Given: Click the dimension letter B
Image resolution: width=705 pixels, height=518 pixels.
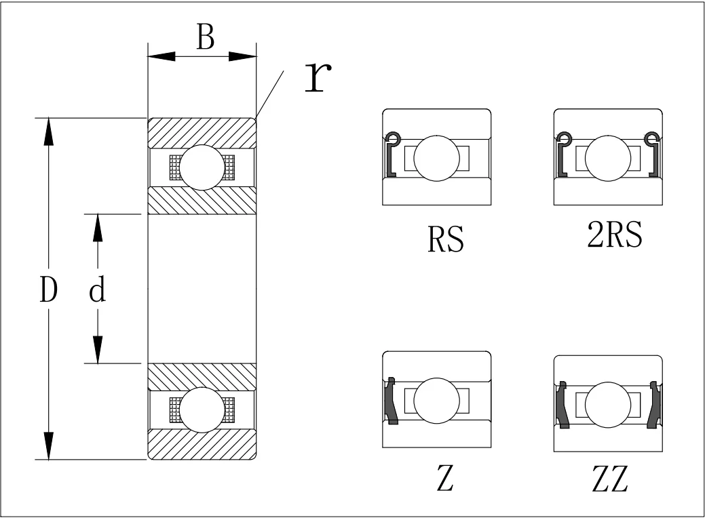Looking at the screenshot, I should pyautogui.click(x=205, y=38).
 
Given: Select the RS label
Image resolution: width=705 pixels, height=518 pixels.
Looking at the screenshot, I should pyautogui.click(x=446, y=239).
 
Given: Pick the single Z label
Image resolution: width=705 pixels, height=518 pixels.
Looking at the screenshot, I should pyautogui.click(x=444, y=480).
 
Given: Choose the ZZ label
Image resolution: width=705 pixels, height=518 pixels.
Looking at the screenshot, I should pyautogui.click(x=609, y=480).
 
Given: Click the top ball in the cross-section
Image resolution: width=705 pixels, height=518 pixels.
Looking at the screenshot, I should pyautogui.click(x=202, y=167).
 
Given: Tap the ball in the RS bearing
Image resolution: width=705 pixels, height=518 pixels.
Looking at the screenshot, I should pyautogui.click(x=436, y=159).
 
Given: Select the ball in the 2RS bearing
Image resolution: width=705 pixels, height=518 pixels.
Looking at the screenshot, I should pyautogui.click(x=608, y=159).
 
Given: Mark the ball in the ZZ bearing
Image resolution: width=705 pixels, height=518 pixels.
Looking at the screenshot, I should pyautogui.click(x=608, y=404).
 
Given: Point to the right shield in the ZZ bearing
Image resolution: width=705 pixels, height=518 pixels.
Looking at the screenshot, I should pyautogui.click(x=654, y=405).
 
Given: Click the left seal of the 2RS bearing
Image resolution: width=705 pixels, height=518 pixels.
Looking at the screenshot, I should pyautogui.click(x=563, y=156).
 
